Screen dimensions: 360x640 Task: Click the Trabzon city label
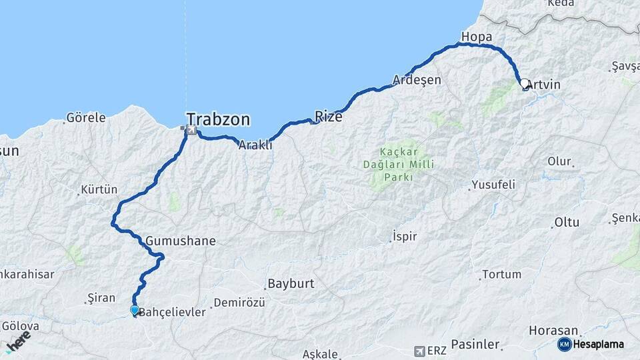218,120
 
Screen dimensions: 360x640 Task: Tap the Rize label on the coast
329,117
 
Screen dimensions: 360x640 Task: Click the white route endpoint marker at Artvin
524,84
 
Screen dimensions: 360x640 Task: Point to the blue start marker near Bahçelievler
135,310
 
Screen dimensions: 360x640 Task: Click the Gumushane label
180,241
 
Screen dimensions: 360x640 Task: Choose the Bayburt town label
291,283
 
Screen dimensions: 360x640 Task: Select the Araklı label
256,145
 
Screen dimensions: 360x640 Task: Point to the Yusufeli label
493,185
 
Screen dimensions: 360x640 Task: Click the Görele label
85,118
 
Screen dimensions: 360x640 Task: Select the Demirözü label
239,303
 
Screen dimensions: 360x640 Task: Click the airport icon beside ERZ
419,350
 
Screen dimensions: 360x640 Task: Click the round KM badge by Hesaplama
564,344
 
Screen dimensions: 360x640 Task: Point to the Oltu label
567,222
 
